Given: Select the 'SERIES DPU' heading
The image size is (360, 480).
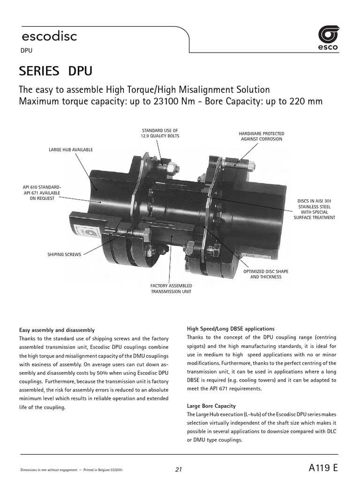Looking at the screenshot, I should tap(55, 71).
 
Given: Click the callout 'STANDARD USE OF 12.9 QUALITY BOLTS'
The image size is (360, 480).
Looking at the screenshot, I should tap(160, 133).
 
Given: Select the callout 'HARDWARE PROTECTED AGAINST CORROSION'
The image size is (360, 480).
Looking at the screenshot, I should tap(261, 136).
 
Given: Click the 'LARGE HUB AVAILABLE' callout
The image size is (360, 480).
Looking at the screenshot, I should tap(71, 150).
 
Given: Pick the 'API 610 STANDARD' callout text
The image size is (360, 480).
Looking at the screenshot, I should tap(42, 187).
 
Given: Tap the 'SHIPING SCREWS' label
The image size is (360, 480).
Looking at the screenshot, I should tap(64, 255).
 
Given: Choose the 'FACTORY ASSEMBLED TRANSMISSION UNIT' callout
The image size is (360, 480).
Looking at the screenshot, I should tap(171, 288).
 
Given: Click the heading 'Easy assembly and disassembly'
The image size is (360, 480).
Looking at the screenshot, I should tap(57, 330).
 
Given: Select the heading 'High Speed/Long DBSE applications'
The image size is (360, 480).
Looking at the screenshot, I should tap(231, 329).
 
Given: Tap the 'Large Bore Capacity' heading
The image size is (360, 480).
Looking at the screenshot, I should tap(211, 405).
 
